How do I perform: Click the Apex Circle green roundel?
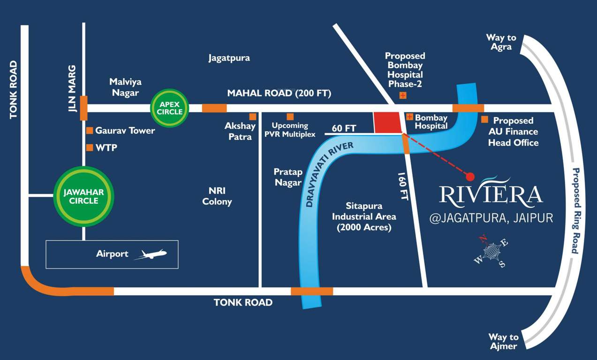click(x=169, y=108)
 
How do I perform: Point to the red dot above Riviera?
click(x=470, y=176)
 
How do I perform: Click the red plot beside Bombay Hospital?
click(x=388, y=123)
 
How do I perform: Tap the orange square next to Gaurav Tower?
click(x=89, y=130)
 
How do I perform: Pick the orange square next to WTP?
click(x=89, y=148)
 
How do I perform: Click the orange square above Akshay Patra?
click(x=253, y=116)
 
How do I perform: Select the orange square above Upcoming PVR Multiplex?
click(x=290, y=116)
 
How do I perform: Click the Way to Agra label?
click(x=501, y=42)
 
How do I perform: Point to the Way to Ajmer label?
click(x=503, y=341)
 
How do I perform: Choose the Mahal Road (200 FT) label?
click(x=279, y=93)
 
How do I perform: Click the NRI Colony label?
click(x=217, y=196)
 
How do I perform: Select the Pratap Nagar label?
click(x=288, y=177)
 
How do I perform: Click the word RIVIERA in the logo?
click(x=491, y=194)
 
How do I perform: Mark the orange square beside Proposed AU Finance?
click(x=484, y=120)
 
